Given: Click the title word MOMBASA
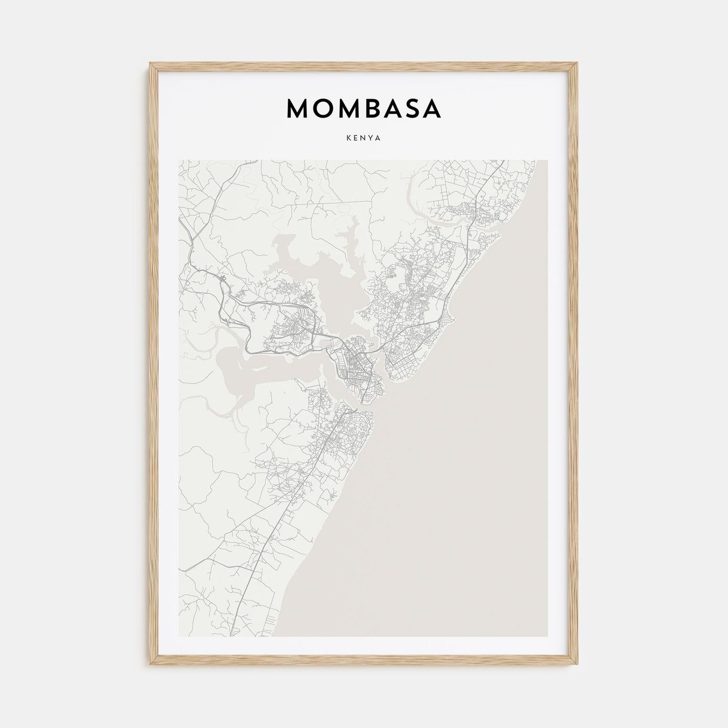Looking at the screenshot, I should (363, 109).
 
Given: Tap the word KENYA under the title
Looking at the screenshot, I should (363, 139).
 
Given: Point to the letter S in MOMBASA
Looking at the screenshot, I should (411, 109).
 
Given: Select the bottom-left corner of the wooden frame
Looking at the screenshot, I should (150, 665).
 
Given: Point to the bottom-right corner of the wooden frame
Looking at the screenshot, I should (578, 665).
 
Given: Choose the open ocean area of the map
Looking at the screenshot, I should (468, 494).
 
